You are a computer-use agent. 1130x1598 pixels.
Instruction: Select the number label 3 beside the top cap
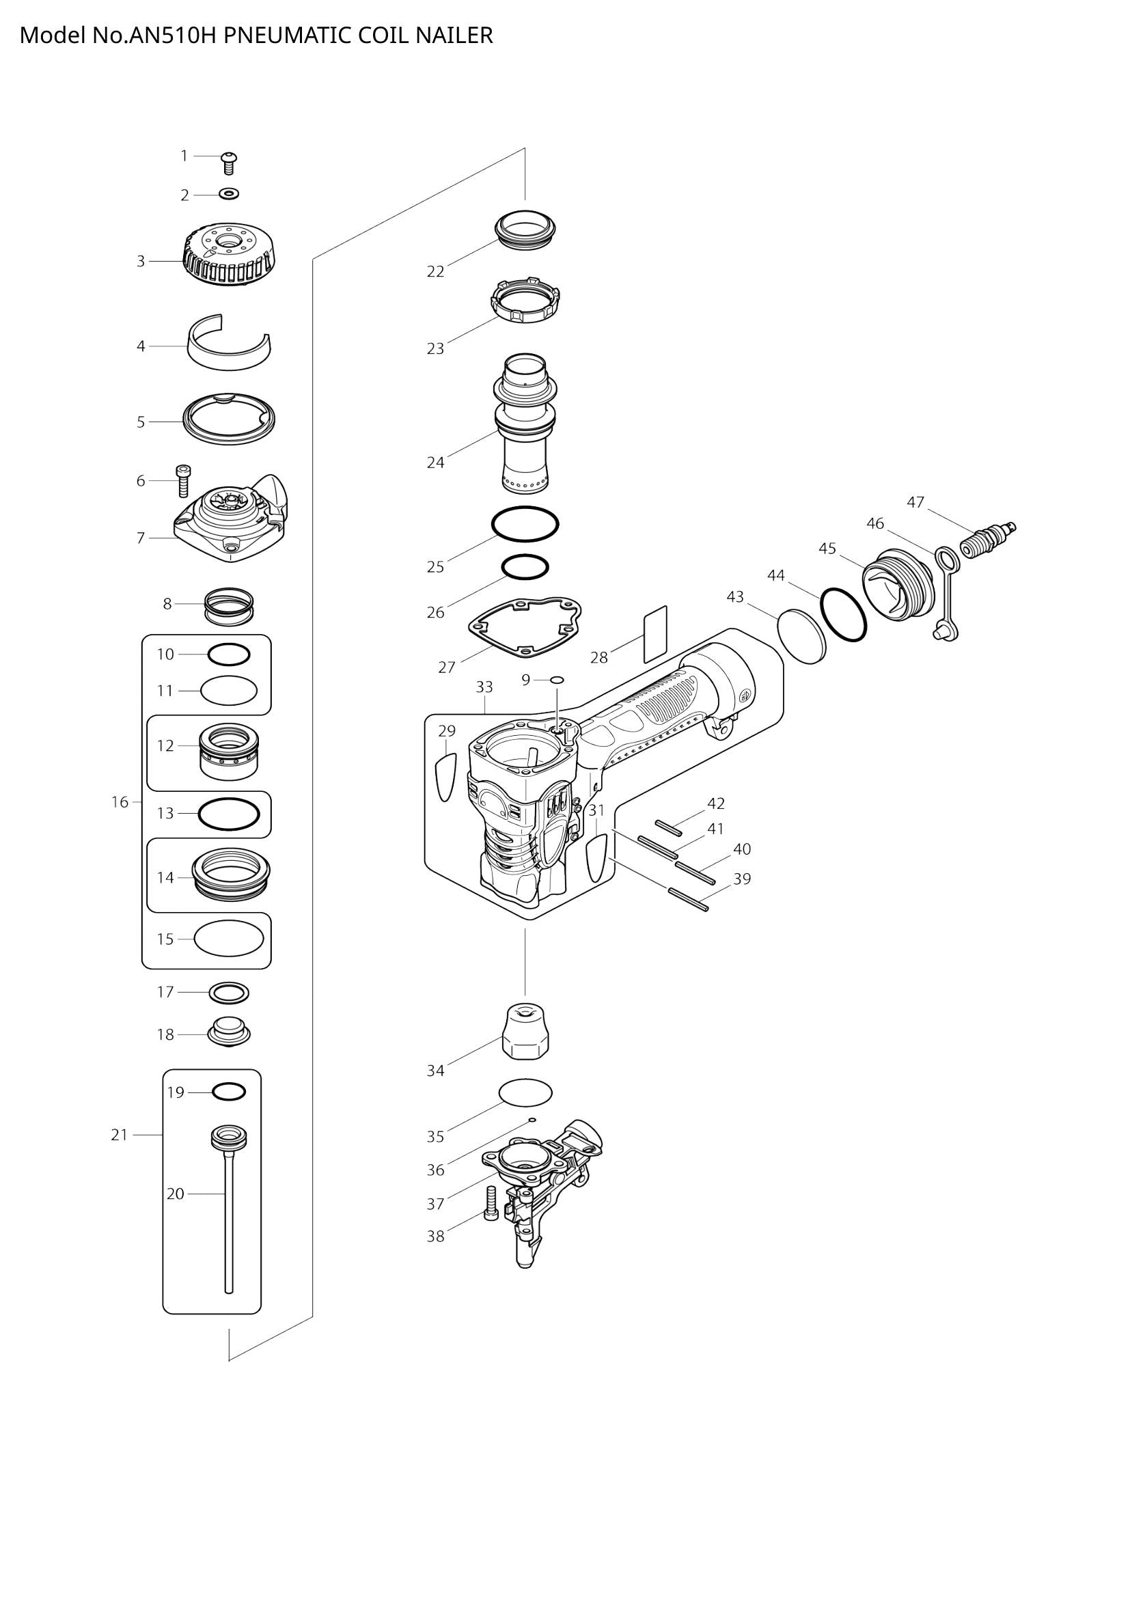click(141, 261)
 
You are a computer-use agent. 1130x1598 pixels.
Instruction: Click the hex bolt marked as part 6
click(184, 480)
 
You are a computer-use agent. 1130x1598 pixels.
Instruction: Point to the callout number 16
click(120, 802)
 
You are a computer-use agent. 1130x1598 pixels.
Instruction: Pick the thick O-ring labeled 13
click(229, 813)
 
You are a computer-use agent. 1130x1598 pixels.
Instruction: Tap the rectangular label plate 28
click(654, 633)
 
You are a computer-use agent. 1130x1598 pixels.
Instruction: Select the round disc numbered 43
click(802, 636)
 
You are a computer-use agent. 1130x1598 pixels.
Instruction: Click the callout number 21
click(120, 1135)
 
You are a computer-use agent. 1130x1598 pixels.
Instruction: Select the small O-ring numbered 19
click(228, 1092)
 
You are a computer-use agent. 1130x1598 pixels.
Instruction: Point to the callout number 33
click(484, 687)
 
